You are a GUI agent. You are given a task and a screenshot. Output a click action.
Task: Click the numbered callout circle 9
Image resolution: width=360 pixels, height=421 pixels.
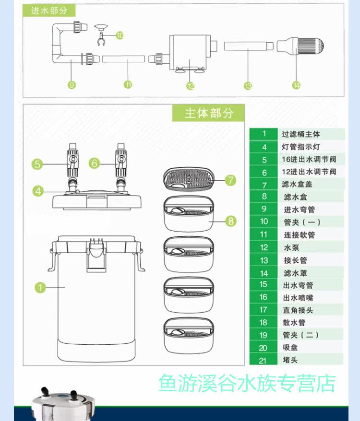click(72, 85)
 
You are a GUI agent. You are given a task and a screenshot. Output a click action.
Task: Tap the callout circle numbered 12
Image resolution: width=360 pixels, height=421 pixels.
click(191, 86)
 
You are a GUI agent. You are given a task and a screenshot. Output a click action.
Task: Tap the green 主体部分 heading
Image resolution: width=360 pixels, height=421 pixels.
click(209, 113)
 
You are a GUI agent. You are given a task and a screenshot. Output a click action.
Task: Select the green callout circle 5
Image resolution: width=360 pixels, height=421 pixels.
click(37, 164)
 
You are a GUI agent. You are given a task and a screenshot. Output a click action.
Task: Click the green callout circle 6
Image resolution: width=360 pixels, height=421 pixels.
click(95, 164)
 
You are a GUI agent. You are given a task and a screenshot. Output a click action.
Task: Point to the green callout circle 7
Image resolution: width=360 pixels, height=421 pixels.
click(231, 180)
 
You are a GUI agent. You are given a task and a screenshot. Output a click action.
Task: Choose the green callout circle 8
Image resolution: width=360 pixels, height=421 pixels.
click(231, 221)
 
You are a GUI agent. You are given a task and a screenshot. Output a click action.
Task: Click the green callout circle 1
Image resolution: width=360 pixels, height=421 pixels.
click(40, 287)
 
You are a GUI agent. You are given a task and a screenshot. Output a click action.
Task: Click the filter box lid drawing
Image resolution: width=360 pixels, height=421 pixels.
click(188, 179)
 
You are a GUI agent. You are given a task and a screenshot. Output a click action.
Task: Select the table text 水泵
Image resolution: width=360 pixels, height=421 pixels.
click(291, 247)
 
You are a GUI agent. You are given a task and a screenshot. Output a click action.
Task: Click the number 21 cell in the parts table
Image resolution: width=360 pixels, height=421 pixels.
click(264, 360)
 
